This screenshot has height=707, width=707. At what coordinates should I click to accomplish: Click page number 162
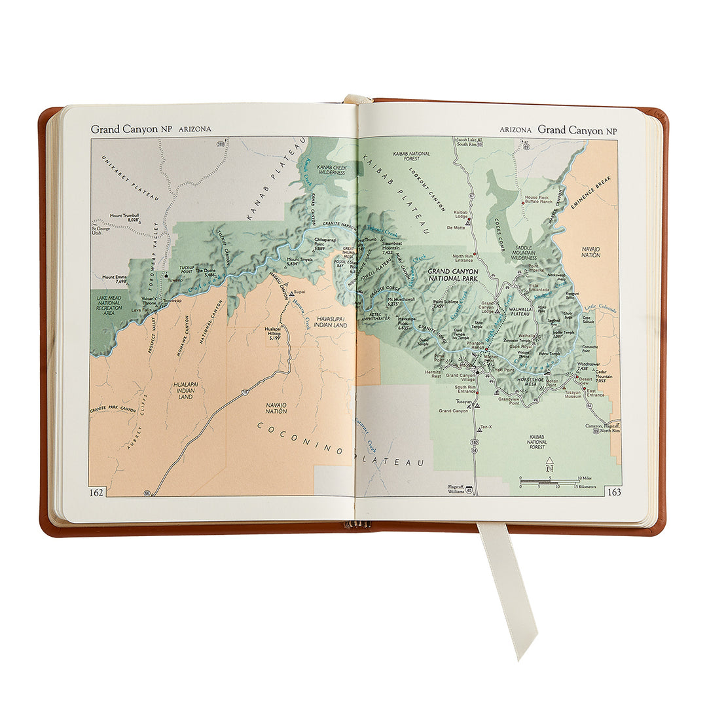(x=96, y=492)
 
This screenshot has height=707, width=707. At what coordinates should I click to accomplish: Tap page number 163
(x=614, y=492)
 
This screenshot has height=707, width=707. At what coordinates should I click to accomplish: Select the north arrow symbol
(x=550, y=465)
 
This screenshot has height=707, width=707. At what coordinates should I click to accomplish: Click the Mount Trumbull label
(x=125, y=218)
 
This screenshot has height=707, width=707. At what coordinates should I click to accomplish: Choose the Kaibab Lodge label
(x=461, y=215)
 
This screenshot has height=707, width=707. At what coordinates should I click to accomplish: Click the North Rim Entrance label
(x=463, y=259)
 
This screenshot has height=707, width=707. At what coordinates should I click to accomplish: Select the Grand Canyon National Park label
(x=452, y=275)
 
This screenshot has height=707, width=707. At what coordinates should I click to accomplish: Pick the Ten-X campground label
(x=485, y=427)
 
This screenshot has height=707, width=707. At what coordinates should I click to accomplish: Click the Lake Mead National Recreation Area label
(x=109, y=306)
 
